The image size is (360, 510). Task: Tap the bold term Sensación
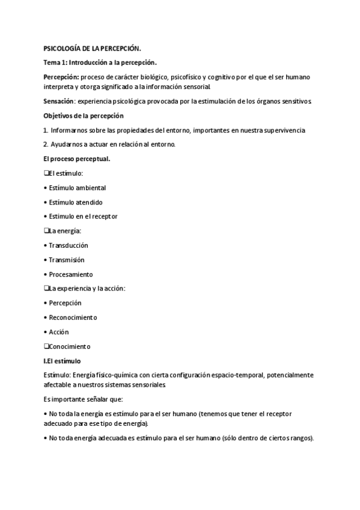[59, 101]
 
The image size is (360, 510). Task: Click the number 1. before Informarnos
[46, 130]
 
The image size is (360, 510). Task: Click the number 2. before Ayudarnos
[46, 144]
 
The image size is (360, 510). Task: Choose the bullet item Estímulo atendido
[76, 202]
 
